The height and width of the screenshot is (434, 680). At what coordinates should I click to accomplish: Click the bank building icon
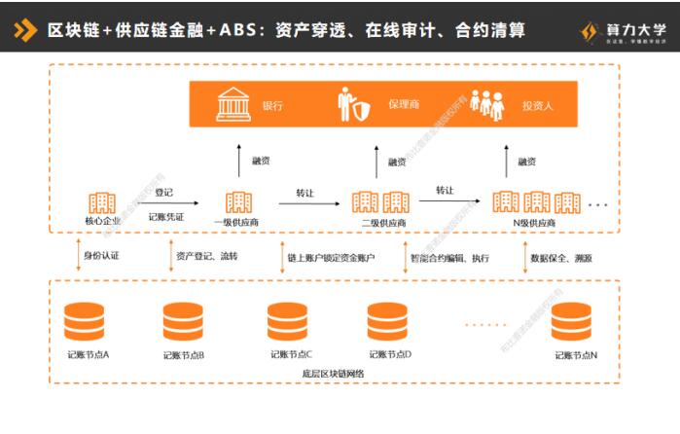pos(232,104)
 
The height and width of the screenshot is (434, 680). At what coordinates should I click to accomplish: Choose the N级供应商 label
pos(534,223)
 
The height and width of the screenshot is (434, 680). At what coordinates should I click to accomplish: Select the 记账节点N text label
pos(576,355)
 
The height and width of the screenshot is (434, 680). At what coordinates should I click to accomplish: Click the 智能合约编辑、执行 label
pos(448,258)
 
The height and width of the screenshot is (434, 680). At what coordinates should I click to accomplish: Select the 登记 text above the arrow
pos(163,193)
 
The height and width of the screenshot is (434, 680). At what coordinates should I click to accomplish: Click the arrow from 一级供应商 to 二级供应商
pos(308,203)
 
